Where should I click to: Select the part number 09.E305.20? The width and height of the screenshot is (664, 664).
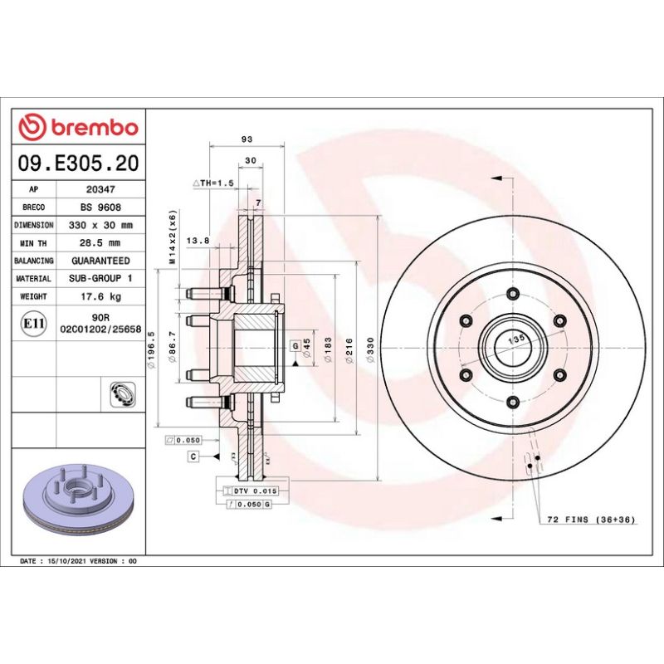pos(79,164)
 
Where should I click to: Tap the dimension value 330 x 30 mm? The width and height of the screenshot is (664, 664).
pos(100,225)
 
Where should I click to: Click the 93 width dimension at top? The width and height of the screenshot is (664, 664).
pos(247,139)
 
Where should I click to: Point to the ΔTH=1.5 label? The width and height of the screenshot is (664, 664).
pos(214,183)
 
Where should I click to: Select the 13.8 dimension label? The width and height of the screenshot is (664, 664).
pos(198,241)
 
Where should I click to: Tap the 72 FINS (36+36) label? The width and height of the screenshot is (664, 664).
pos(590,520)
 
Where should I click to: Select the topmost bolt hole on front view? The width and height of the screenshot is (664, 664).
pos(512,293)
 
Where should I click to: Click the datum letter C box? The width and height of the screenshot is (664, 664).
pos(193,456)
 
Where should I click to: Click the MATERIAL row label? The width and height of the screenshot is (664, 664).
pos(34,279)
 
